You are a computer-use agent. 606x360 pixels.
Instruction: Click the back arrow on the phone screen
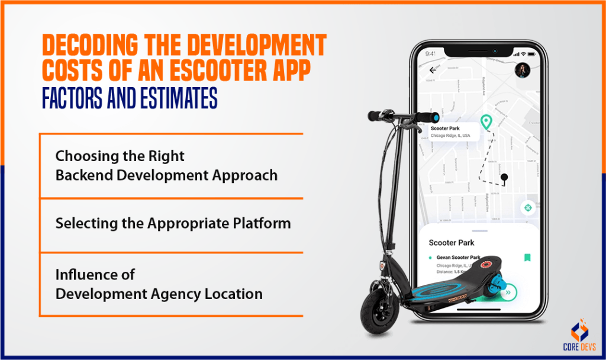click(x=433, y=69)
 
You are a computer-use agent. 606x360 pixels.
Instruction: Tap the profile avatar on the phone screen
click(x=522, y=70)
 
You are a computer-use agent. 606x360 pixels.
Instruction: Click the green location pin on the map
click(x=486, y=122)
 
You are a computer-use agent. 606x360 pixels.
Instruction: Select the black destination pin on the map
click(x=504, y=177)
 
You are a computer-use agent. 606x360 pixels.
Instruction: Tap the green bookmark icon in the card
click(x=527, y=258)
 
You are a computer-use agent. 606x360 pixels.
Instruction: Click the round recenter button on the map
click(x=527, y=208)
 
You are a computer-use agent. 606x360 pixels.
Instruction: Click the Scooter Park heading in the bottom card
click(x=452, y=243)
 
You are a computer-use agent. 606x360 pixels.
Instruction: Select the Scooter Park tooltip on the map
click(x=452, y=131)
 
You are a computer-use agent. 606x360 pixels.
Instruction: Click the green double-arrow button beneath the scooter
click(x=507, y=292)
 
